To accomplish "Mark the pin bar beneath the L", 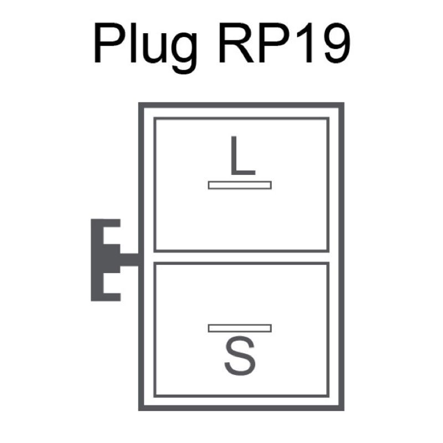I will (x=240, y=185).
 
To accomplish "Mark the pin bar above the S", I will (x=240, y=328).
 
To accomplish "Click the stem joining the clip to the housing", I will (x=129, y=260).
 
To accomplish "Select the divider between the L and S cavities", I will (x=241, y=257).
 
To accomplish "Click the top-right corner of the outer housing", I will (x=341, y=106).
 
